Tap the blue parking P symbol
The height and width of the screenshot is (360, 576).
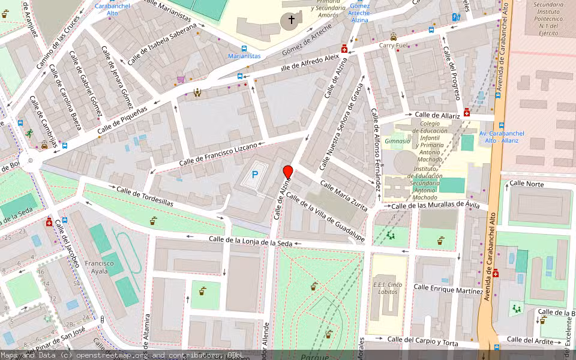pos(255,175)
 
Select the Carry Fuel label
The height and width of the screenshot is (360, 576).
pos(393,46)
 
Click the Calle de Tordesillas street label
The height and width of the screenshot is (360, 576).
pos(145,196)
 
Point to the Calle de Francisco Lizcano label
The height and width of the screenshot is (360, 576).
pos(218,155)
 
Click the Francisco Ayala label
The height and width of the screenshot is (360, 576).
pos(99,268)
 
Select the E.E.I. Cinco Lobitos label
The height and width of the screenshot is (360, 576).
pos(386,289)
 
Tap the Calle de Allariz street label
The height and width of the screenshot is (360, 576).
pos(437,115)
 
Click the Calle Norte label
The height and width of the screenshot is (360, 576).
pos(527,184)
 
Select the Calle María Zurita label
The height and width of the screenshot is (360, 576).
pos(344,196)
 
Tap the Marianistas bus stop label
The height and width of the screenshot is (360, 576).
pos(244,56)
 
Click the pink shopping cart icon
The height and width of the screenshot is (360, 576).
pos(181,79)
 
